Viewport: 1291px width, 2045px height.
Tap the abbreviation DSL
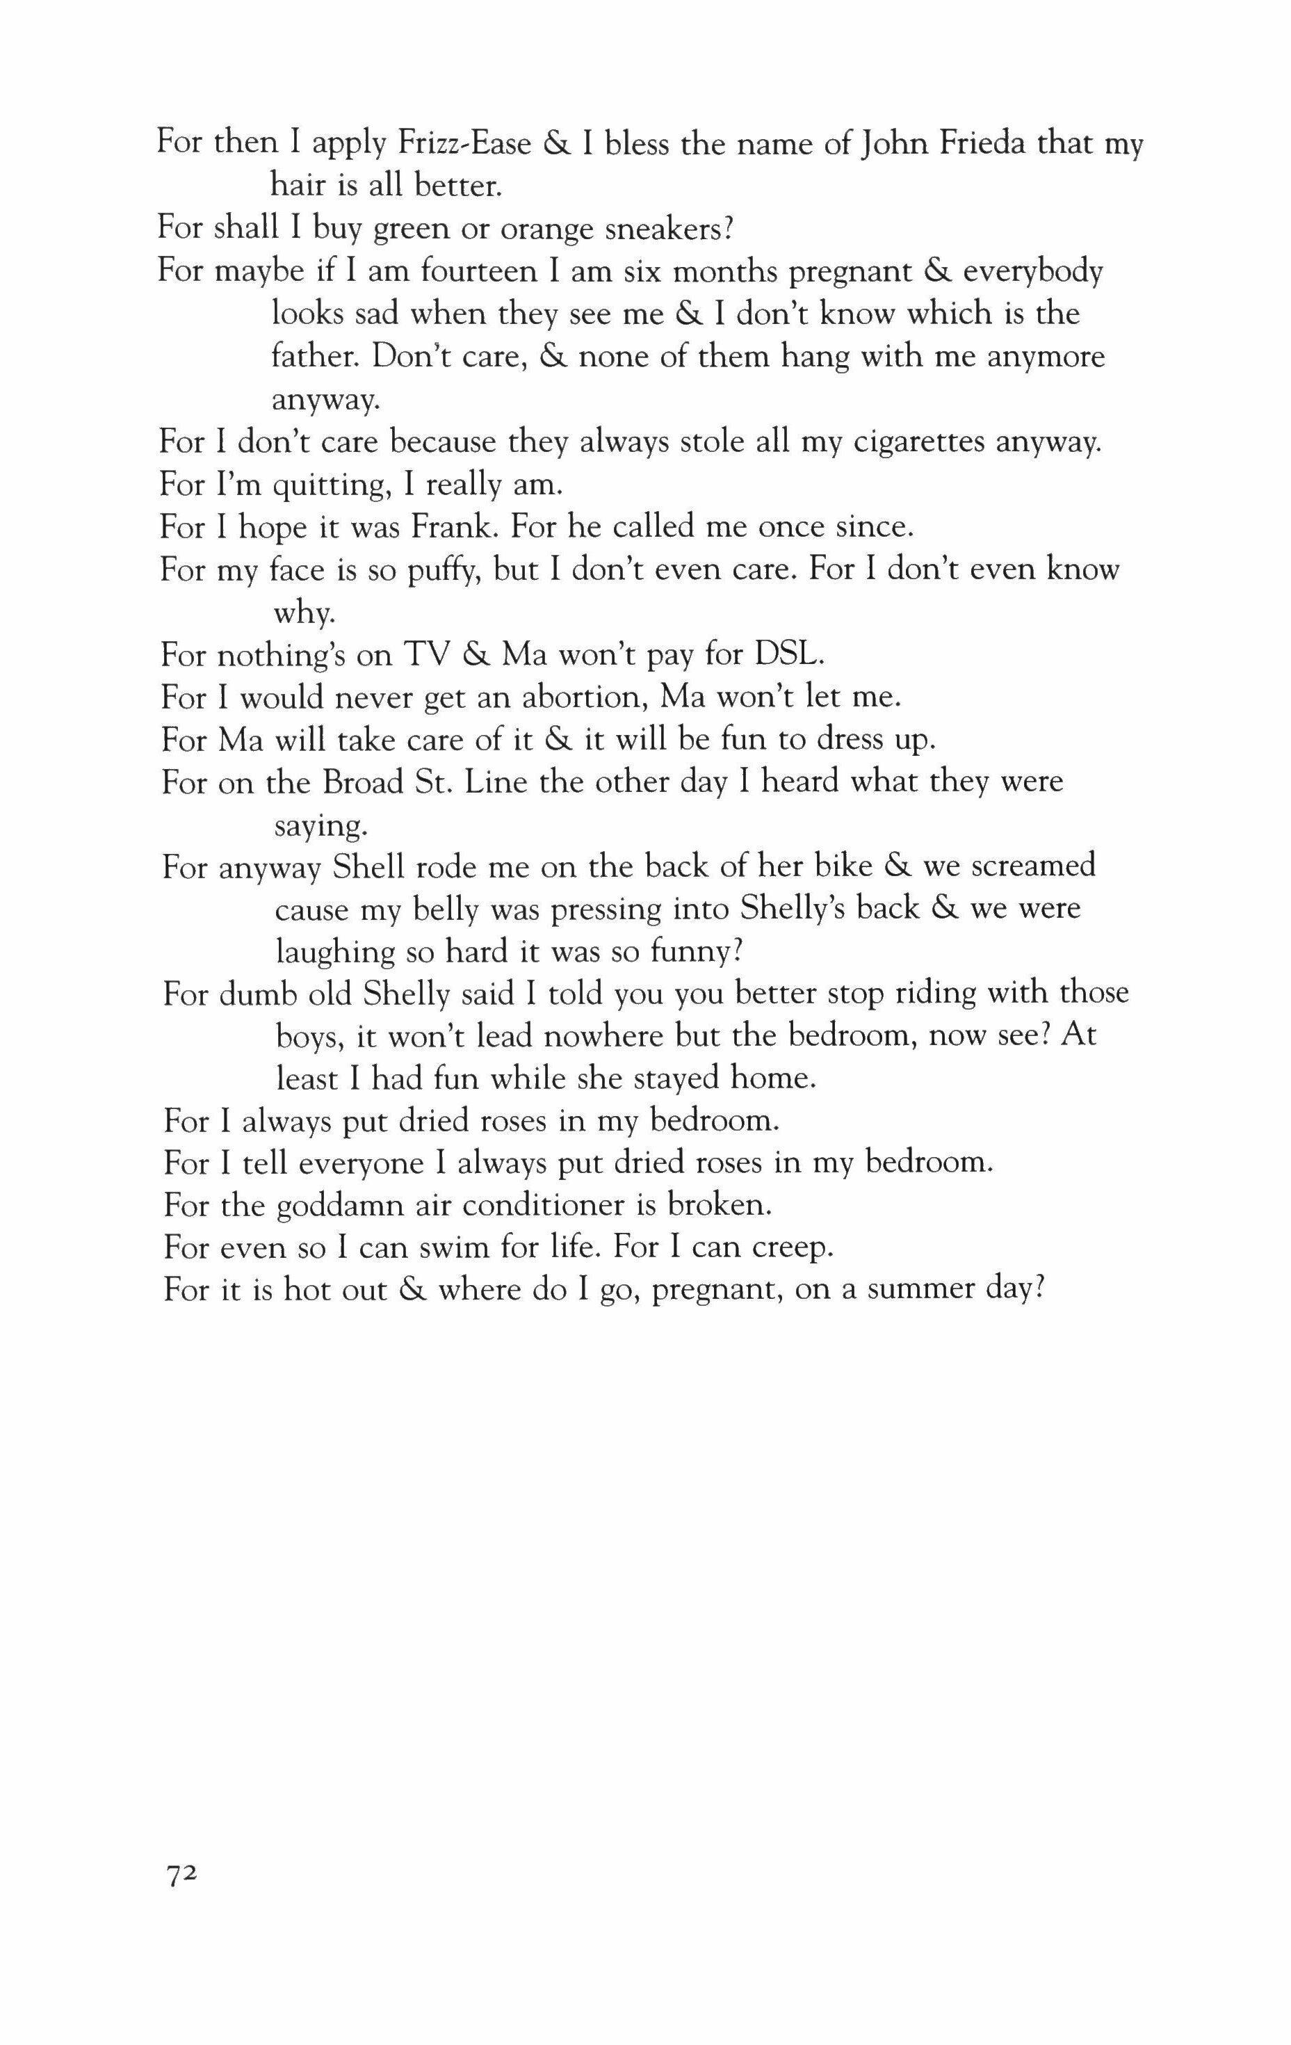(x=790, y=656)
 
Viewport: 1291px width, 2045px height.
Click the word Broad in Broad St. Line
(x=363, y=782)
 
